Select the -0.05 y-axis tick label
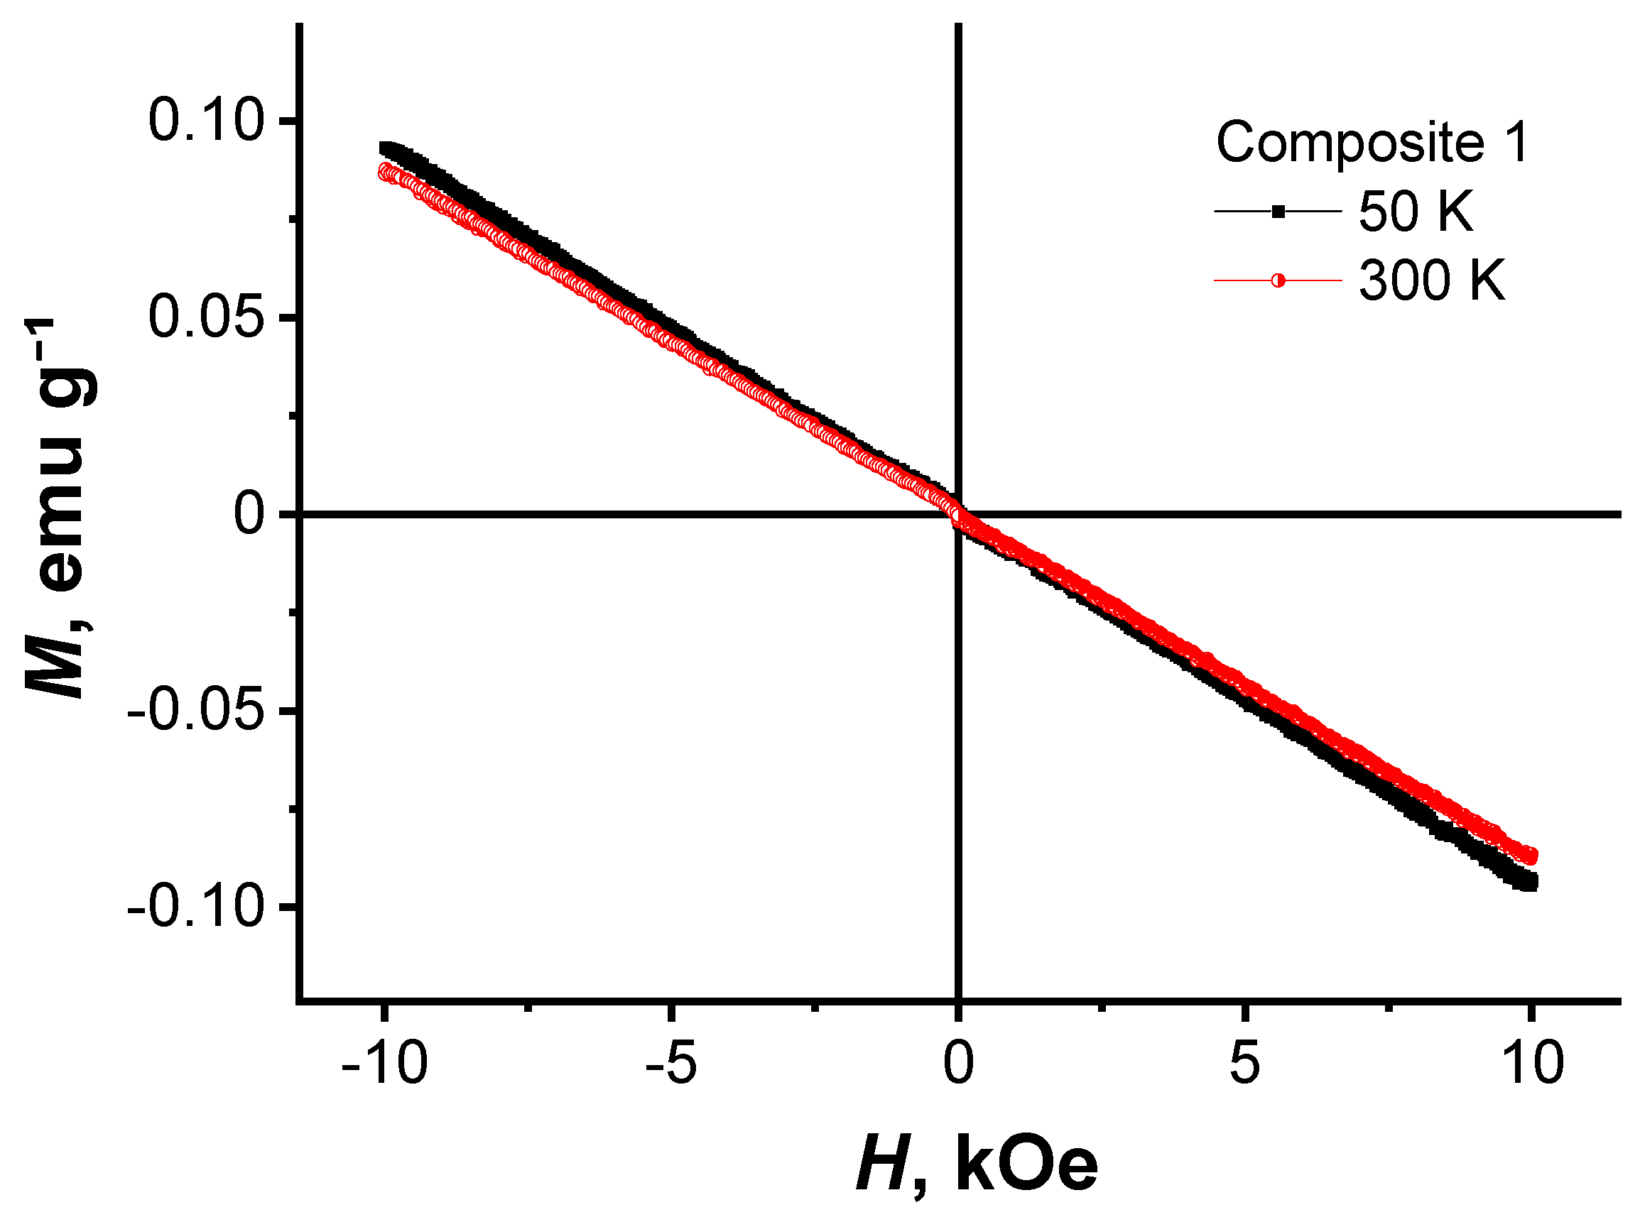[195, 711]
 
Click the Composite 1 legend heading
[1372, 142]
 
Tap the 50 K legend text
[1416, 212]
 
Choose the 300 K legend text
[1432, 281]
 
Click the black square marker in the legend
[1278, 212]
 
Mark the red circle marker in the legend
[1278, 281]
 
